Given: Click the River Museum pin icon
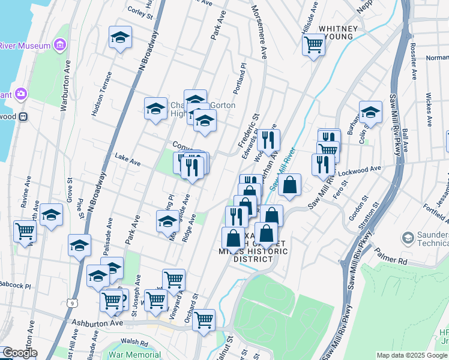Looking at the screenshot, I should tap(59, 45).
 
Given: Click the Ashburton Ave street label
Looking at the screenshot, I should tap(97, 323).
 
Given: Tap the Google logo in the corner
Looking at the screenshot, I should tap(20, 353).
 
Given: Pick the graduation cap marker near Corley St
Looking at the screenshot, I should tap(120, 38).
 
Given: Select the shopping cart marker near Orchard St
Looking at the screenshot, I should tap(204, 320).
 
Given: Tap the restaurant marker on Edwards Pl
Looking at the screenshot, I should tap(268, 140).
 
